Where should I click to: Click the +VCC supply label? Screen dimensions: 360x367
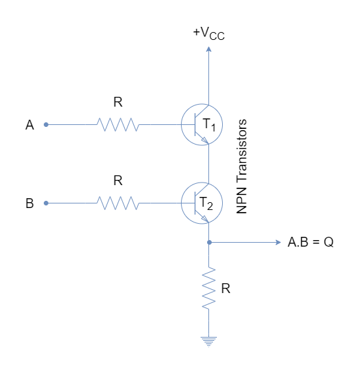coord(209,33)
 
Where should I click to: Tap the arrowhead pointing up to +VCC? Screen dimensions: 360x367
coord(209,49)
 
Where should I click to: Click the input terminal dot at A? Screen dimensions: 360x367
coord(46,124)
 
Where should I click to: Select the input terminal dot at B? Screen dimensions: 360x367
coord(46,203)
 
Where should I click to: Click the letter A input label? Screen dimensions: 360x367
coord(29,125)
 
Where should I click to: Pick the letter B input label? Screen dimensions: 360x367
coord(29,203)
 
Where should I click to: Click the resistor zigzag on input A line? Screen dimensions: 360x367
coord(118,124)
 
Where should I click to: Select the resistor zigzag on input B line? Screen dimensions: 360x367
coord(118,203)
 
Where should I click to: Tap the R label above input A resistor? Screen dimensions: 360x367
coord(118,102)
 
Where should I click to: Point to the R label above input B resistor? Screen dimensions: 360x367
coord(118,181)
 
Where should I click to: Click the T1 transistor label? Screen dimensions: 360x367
coord(209,125)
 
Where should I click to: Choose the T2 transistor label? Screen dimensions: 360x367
coord(206,203)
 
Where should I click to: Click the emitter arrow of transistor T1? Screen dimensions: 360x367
coord(205,140)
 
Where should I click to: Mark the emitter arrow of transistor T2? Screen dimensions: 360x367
coord(205,218)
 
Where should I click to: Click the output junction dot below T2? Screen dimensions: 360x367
coord(209,242)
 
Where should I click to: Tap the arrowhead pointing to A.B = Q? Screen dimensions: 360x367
coord(278,242)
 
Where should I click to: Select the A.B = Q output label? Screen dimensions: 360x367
coord(311,242)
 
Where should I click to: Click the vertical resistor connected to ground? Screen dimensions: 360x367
coord(209,288)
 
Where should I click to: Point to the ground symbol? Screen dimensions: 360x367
coord(209,341)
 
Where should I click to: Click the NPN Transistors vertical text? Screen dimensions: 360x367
coord(242,166)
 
